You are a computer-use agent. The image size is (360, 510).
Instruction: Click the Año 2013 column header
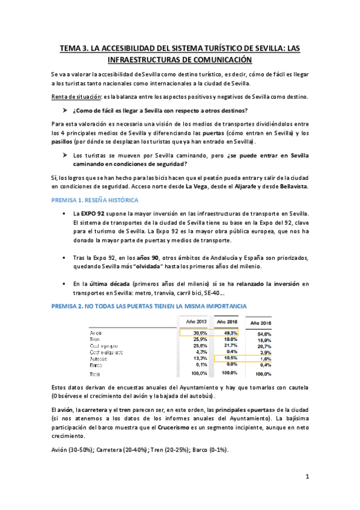tap(197, 322)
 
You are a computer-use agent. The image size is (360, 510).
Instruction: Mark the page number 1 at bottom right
tap(307, 477)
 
